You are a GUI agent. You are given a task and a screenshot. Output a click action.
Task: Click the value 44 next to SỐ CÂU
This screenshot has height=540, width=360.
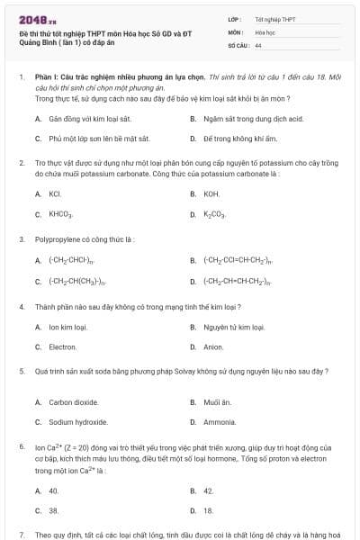coord(258,44)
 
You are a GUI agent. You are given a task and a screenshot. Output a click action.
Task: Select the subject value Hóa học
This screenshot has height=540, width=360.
coord(265,31)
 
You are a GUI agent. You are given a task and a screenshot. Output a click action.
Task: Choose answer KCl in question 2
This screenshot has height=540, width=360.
coord(55,193)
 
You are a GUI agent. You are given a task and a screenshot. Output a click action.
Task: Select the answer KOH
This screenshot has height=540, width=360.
coord(211,193)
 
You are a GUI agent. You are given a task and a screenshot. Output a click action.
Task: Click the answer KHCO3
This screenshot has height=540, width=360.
coord(60,215)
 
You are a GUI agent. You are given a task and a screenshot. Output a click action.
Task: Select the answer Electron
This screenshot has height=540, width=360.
coord(63,346)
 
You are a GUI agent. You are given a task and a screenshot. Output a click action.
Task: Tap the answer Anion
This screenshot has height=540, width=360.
coord(213,346)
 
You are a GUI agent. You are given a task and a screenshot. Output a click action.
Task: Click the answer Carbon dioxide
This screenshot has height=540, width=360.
coord(73,402)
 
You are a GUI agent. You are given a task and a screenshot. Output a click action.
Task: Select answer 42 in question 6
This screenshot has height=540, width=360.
coord(209,490)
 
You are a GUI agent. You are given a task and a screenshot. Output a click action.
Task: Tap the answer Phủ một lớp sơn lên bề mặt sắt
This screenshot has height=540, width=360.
coord(99,139)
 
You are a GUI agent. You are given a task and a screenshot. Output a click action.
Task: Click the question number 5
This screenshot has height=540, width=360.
coord(21,371)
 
